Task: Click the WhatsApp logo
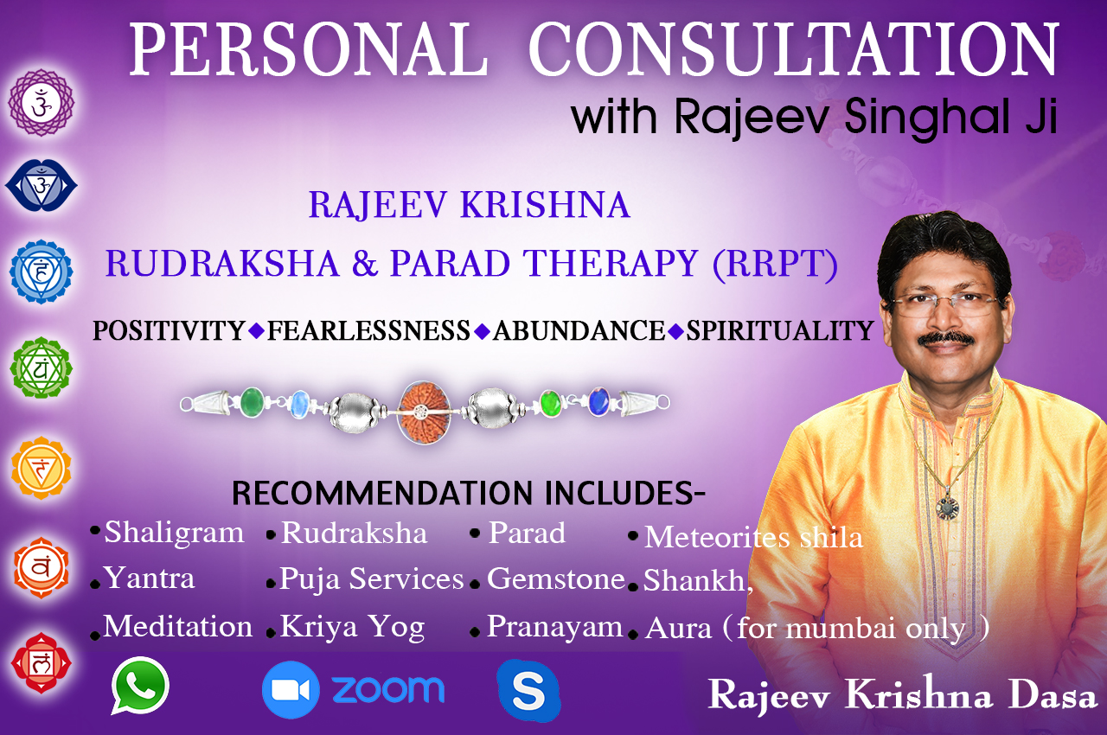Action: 140,686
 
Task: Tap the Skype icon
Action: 528,691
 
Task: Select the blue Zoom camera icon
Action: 291,689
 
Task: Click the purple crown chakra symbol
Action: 42,103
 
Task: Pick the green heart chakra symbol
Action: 41,368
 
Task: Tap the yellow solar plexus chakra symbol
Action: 41,468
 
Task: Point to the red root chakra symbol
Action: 41,663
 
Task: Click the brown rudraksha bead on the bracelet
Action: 425,412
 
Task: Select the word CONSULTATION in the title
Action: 793,49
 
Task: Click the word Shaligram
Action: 174,533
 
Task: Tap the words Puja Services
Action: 372,578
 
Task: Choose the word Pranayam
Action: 555,627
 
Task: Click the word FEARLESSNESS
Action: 368,330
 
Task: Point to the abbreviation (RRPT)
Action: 776,264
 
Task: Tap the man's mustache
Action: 946,339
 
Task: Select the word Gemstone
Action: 556,578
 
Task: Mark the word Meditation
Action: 178,626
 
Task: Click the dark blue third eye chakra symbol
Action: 41,186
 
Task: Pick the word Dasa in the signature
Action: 1053,695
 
